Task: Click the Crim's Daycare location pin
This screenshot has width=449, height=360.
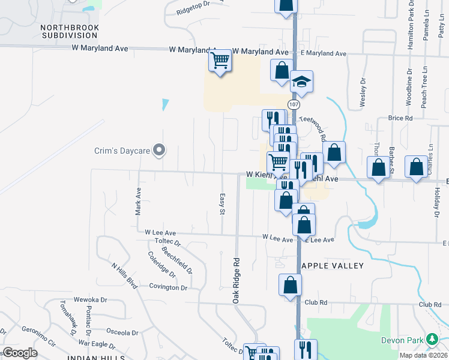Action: point(159,150)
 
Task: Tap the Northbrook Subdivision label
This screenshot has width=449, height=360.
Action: point(70,31)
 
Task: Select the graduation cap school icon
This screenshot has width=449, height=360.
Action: point(302,83)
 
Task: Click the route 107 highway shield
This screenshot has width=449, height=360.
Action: point(294,104)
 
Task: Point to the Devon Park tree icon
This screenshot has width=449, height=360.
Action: point(432,340)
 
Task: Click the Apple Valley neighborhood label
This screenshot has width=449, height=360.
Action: point(333,265)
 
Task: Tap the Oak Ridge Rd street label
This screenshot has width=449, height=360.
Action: point(237,280)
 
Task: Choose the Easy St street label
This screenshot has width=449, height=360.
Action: point(222,204)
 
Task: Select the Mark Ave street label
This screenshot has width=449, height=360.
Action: point(138,202)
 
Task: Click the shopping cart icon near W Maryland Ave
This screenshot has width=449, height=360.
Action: point(220,60)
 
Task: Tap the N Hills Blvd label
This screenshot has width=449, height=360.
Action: point(124,275)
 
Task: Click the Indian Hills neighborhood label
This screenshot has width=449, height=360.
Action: point(96,358)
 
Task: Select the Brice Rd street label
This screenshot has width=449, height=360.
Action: point(400,118)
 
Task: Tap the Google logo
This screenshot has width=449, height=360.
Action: point(20,353)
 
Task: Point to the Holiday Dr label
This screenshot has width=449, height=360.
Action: point(436,202)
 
